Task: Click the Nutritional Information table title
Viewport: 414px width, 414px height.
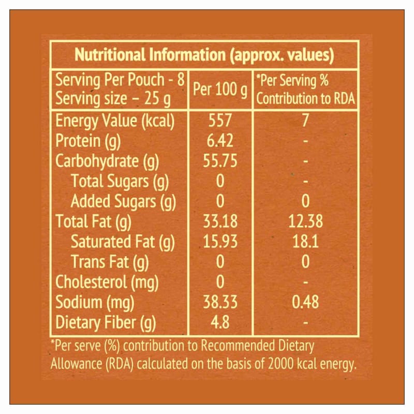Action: pyautogui.click(x=204, y=55)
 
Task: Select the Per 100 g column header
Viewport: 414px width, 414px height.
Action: pyautogui.click(x=220, y=89)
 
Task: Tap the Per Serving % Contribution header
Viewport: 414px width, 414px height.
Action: pyautogui.click(x=305, y=89)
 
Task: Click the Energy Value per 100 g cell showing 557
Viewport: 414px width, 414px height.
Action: pyautogui.click(x=220, y=121)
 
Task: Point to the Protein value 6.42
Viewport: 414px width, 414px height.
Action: pyautogui.click(x=220, y=141)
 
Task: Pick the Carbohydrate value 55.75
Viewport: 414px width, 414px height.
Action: pyautogui.click(x=220, y=161)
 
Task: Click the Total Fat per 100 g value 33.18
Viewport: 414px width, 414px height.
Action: pyautogui.click(x=220, y=221)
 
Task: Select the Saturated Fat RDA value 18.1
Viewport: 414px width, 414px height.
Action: pyautogui.click(x=305, y=242)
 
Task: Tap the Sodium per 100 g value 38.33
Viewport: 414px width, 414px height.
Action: pyautogui.click(x=220, y=302)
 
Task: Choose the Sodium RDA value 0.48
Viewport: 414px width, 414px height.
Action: pyautogui.click(x=305, y=302)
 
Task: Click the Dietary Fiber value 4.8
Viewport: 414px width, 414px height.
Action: pyautogui.click(x=220, y=323)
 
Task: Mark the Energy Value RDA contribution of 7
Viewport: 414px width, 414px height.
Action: pyautogui.click(x=305, y=121)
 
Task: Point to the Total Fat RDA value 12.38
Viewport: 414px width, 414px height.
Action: pyautogui.click(x=305, y=221)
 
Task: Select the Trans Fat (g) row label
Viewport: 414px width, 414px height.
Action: pyautogui.click(x=110, y=262)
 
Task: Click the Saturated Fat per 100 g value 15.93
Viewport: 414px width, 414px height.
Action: pyautogui.click(x=220, y=242)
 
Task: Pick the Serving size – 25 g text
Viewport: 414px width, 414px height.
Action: pyautogui.click(x=113, y=98)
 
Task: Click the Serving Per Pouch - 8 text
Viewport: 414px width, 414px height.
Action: pyautogui.click(x=119, y=81)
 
